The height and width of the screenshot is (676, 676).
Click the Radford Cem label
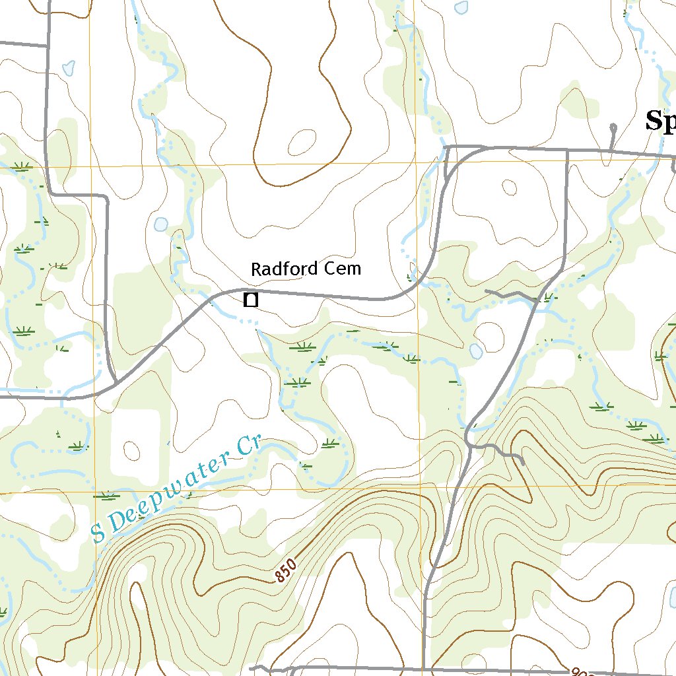coord(306,269)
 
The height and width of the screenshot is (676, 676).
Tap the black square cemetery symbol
coord(250,300)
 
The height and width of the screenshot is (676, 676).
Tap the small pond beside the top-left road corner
coord(67,67)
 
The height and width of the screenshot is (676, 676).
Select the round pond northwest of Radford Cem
coord(160,224)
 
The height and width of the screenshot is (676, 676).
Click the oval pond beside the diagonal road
coord(476,351)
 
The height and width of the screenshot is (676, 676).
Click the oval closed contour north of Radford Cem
coord(302,141)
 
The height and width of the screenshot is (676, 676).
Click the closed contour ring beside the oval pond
coord(490,337)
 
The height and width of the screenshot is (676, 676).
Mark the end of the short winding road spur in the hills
coord(524,463)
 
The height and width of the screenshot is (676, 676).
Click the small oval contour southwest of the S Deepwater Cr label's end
coord(132,452)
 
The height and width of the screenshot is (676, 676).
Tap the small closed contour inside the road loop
coord(509,187)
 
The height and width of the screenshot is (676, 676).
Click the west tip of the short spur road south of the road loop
coord(487,290)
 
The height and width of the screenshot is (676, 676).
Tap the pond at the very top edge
coord(461,7)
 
